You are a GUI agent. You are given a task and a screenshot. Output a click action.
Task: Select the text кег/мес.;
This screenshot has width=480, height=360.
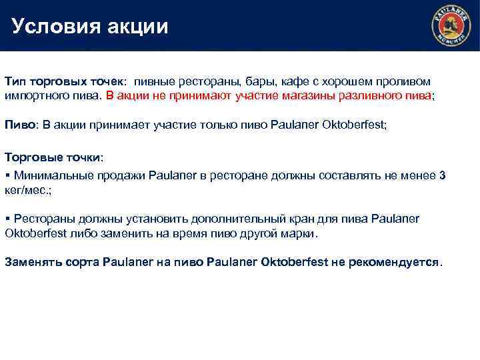[x=29, y=190]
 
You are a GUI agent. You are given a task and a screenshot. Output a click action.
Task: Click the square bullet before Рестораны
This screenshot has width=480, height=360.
[x=7, y=219]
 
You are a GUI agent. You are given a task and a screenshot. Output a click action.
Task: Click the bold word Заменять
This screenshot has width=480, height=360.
[x=33, y=261]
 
